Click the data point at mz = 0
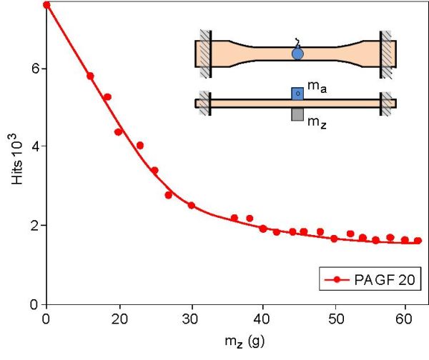pyautogui.click(x=46, y=5)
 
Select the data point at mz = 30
pyautogui.click(x=192, y=206)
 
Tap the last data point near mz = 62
pyautogui.click(x=418, y=241)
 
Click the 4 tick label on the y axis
pyautogui.click(x=34, y=146)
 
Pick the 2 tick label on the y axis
pyautogui.click(x=34, y=226)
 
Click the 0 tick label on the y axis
pyautogui.click(x=34, y=305)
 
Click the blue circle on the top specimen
pyautogui.click(x=297, y=53)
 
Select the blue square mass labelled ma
pyautogui.click(x=297, y=93)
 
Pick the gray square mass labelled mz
pyautogui.click(x=297, y=114)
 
